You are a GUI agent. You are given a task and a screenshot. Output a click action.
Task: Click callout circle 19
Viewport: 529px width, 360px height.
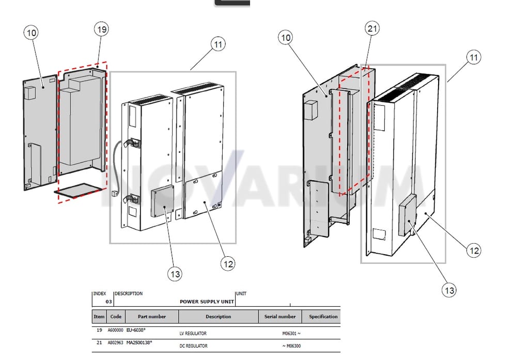[x=102, y=29]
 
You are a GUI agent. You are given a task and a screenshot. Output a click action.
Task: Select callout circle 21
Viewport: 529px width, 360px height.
[x=372, y=28]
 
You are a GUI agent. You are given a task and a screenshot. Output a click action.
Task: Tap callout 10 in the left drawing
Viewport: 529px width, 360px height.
[x=31, y=33]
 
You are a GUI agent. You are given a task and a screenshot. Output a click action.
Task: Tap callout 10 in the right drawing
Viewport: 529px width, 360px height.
[x=285, y=38]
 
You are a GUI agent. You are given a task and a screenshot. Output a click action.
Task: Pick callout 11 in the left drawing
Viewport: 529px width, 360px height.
[x=219, y=44]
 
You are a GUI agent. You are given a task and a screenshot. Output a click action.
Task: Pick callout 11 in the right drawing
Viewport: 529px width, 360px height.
[x=474, y=57]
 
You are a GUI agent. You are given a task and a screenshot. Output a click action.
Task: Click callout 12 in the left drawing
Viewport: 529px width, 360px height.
[x=228, y=263]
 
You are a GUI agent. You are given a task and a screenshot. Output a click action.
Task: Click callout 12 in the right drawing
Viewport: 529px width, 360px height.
[x=474, y=251]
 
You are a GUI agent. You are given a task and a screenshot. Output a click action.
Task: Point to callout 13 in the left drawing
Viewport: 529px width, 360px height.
[x=175, y=274]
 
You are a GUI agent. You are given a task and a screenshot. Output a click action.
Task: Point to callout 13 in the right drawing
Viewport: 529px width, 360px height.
[x=449, y=290]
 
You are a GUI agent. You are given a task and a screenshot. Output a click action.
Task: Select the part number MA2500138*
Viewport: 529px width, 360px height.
[x=139, y=342]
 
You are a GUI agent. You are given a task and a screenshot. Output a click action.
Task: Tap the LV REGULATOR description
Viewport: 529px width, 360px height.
[x=193, y=333]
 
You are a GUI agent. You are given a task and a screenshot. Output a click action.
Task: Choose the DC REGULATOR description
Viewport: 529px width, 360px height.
[x=193, y=346]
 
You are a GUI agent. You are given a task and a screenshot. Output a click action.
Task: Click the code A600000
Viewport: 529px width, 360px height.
[x=115, y=330]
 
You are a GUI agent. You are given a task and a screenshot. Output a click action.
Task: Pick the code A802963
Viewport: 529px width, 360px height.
[x=115, y=342]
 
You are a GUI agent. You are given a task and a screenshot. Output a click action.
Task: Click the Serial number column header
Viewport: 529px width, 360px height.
[x=280, y=317]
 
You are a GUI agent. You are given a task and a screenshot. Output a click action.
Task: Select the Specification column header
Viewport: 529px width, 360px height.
[x=323, y=317]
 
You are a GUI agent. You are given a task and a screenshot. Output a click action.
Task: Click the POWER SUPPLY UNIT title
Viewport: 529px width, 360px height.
[x=207, y=302]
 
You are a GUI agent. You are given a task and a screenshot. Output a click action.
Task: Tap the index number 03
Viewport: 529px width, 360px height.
[x=108, y=302]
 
